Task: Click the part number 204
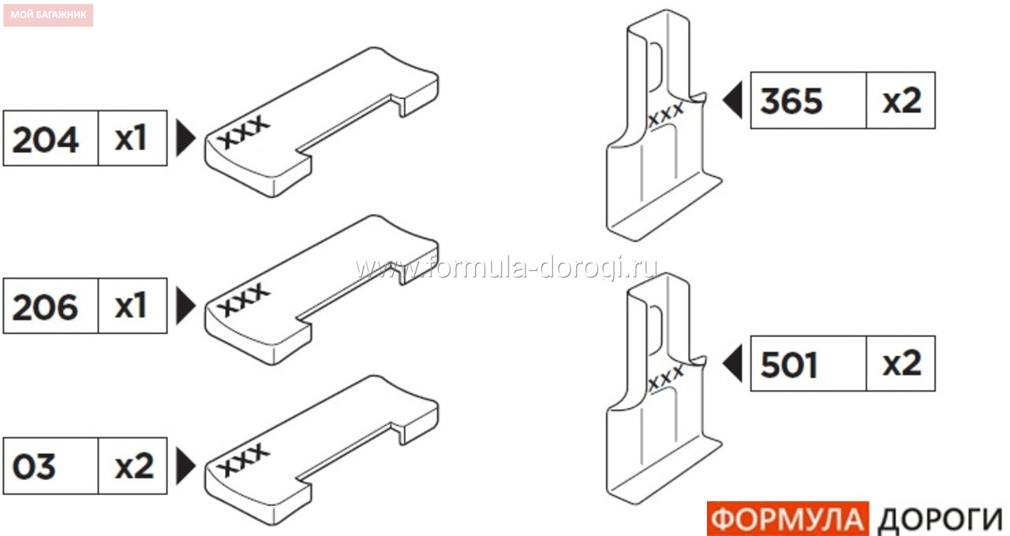coord(45,140)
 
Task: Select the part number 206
coord(45,307)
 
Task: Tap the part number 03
coord(34,467)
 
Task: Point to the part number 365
coord(791,101)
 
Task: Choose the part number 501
coord(789,365)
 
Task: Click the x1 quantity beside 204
coord(131,138)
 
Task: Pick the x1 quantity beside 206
coord(131,306)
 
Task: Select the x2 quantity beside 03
coord(134,466)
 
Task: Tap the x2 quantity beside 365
coord(902,100)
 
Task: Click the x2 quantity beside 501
coord(902,364)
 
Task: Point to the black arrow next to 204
coord(185,138)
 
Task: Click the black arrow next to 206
coord(185,306)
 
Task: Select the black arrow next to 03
coord(185,466)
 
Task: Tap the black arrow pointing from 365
coord(733,100)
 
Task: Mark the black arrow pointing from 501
coord(733,364)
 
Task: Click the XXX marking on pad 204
coord(244,132)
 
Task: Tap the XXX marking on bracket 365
coord(666,114)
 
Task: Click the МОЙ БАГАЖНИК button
coord(48,15)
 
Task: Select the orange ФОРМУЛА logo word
coord(787,519)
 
